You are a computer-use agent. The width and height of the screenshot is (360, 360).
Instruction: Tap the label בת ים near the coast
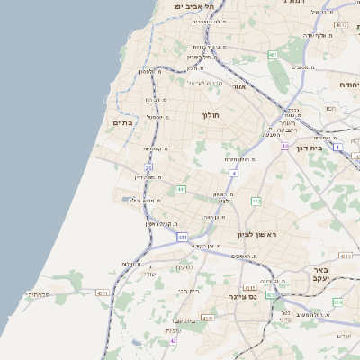click(x=122, y=122)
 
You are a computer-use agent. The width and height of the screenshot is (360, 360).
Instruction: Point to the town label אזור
click(x=239, y=87)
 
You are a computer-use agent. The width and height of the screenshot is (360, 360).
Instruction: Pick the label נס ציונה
click(x=242, y=296)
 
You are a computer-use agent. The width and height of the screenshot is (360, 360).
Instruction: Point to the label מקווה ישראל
click(x=202, y=84)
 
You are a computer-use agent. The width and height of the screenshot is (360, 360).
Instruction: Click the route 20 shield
click(x=148, y=167)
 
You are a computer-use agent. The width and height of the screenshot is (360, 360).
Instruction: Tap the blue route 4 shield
click(x=233, y=172)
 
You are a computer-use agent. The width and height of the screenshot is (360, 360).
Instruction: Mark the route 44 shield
click(x=284, y=146)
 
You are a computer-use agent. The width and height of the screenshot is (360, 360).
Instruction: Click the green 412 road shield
click(x=256, y=202)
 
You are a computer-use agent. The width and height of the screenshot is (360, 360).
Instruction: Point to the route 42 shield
click(x=173, y=342)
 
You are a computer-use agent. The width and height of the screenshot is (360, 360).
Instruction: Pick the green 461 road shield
click(x=272, y=55)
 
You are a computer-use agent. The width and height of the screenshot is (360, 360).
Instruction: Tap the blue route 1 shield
click(x=338, y=146)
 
